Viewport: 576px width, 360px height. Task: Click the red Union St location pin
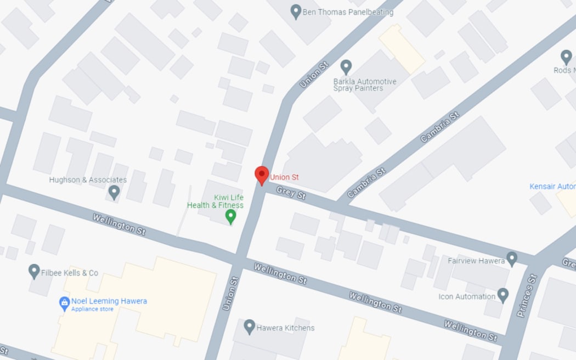[x=262, y=175]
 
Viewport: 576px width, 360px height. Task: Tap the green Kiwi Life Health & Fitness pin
[x=231, y=217]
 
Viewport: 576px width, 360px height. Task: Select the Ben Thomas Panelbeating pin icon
[x=296, y=12]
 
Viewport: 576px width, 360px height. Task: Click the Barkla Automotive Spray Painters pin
[x=346, y=67]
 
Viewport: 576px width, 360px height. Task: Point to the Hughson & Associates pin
[x=114, y=192]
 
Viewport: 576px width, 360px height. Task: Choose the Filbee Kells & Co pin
[x=34, y=271]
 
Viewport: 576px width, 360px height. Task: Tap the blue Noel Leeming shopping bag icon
[x=64, y=302]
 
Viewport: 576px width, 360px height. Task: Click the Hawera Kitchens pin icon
[x=250, y=327]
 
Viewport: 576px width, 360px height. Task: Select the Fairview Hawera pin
[x=512, y=258]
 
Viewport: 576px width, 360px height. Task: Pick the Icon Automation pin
[x=503, y=295]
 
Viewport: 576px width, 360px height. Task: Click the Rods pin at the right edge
[x=566, y=57]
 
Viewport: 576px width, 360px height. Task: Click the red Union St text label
[x=284, y=177]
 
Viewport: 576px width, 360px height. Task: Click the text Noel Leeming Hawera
[x=109, y=301]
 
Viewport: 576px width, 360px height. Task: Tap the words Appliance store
[x=92, y=309]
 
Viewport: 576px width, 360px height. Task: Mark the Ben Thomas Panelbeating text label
[x=348, y=12]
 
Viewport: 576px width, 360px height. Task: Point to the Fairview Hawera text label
[x=476, y=261]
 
